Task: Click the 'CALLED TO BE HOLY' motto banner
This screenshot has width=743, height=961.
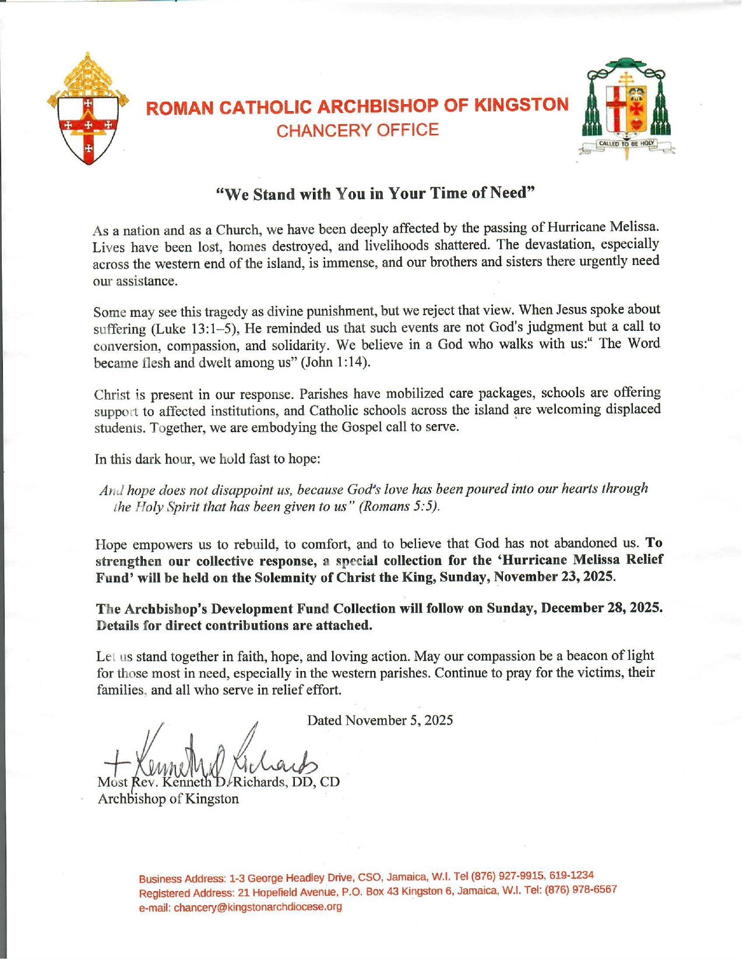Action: [x=627, y=143]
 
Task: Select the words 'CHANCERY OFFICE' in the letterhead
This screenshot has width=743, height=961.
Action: [x=357, y=130]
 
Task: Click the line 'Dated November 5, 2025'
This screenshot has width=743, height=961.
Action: [x=380, y=720]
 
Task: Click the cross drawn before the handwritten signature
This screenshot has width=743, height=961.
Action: [x=116, y=761]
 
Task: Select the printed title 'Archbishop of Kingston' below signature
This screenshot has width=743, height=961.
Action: [x=168, y=799]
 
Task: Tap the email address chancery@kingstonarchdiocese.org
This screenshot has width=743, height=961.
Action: [x=258, y=907]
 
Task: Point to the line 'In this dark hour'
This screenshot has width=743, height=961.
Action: [x=207, y=459]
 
